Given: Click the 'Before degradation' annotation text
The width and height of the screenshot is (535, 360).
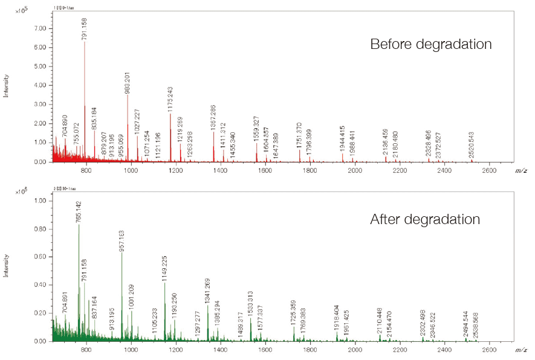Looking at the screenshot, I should point(430,45).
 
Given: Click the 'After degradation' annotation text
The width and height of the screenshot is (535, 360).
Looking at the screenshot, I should point(425,219).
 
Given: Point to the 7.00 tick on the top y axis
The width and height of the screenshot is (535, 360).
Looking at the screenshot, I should point(40,28).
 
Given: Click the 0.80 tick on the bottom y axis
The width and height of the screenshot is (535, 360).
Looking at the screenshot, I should point(40,230).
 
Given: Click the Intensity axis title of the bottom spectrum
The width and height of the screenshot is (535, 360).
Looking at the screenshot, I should point(7,266).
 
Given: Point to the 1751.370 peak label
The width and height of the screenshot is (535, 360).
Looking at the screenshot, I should point(299,136).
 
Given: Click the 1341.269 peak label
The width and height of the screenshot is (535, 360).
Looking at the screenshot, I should point(207,292).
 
